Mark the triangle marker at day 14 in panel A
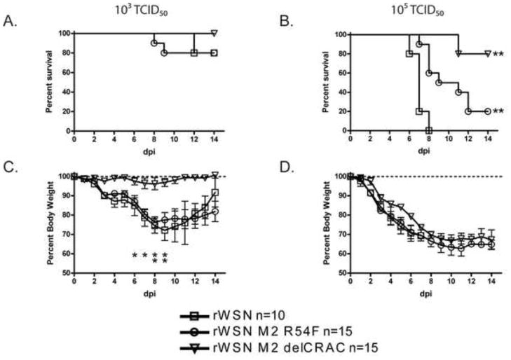(x=214, y=33)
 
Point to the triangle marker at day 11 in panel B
(x=458, y=53)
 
